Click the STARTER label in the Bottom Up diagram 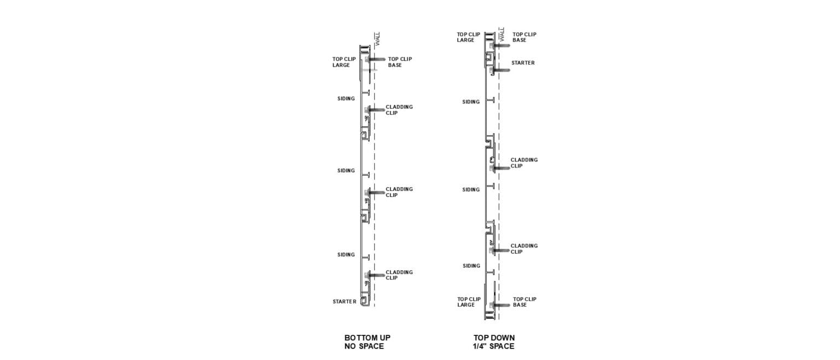tap(344, 301)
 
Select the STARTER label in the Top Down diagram tap(523, 62)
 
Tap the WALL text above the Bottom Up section tap(378, 39)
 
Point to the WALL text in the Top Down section tap(502, 34)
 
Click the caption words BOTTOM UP tap(367, 338)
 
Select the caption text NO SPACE tap(364, 346)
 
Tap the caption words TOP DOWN tap(494, 338)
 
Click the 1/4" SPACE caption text tap(493, 346)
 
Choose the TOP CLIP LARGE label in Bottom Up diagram tap(344, 62)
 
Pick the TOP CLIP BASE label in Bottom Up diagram tap(400, 62)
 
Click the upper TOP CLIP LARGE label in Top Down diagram tap(468, 37)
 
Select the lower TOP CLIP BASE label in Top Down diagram tap(524, 302)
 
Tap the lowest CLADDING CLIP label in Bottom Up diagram tap(399, 275)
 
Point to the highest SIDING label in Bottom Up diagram tap(346, 98)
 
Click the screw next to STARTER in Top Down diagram tap(500, 70)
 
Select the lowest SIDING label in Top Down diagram tap(471, 266)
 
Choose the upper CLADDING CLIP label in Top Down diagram tap(524, 162)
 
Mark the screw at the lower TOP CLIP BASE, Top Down tap(500, 305)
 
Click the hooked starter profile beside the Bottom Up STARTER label tap(365, 301)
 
